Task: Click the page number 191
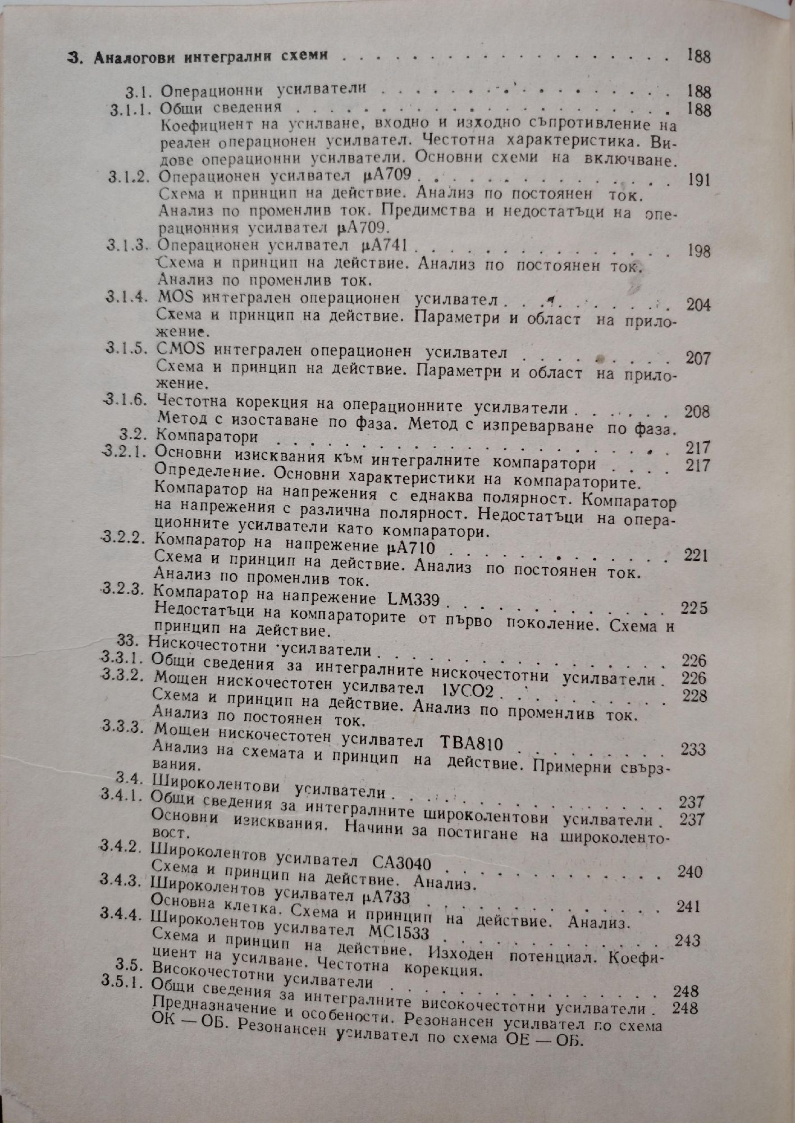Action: pyautogui.click(x=698, y=180)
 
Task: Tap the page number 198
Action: pyautogui.click(x=698, y=250)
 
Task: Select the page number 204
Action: pyautogui.click(x=698, y=305)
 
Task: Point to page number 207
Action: pyautogui.click(x=698, y=358)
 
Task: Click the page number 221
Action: pyautogui.click(x=696, y=555)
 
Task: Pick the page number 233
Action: pyautogui.click(x=693, y=749)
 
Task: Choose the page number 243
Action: pyautogui.click(x=688, y=941)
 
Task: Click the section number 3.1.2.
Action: pyautogui.click(x=129, y=177)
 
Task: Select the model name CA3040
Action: pyautogui.click(x=402, y=862)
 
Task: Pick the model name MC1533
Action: pyautogui.click(x=400, y=933)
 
